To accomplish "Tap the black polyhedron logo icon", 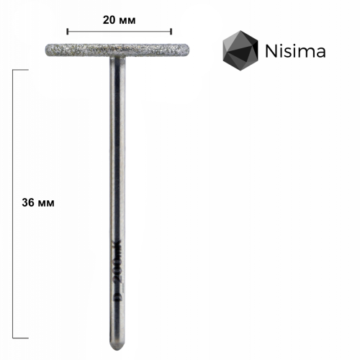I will coord(240,50).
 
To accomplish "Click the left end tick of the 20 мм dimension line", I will coord(67,31).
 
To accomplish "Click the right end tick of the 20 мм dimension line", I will coord(171,31).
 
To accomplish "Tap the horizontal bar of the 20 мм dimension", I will coord(119,31).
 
